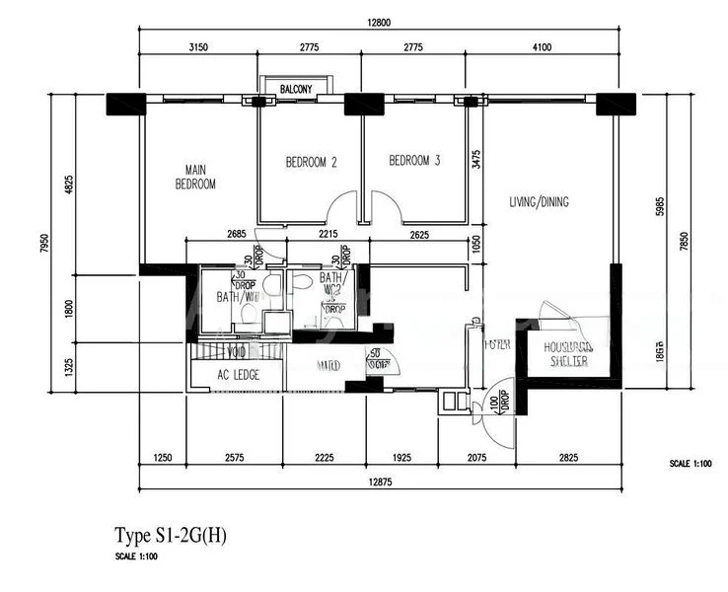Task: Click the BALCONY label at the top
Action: click(296, 89)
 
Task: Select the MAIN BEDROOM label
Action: click(195, 177)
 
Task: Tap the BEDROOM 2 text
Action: click(312, 162)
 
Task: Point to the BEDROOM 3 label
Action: click(414, 161)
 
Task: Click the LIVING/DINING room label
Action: click(539, 202)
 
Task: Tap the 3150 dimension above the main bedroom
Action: click(198, 47)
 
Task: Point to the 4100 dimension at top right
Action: click(542, 47)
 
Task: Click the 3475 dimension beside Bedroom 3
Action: click(476, 159)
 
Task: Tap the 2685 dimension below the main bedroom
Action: click(235, 234)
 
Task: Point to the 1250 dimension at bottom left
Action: click(164, 457)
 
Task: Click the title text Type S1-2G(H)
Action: click(171, 537)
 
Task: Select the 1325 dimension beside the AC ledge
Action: click(68, 368)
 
